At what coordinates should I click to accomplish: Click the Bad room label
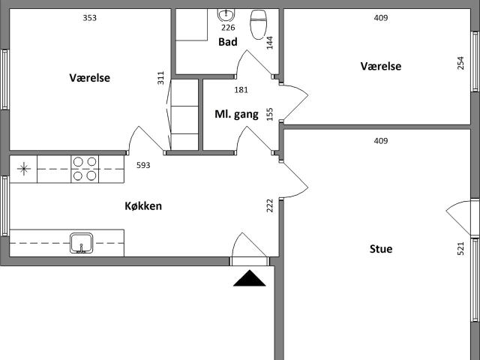click(228, 42)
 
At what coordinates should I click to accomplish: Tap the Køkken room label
click(143, 205)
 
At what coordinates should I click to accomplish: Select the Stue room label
click(381, 249)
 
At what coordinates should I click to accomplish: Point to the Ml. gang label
click(236, 115)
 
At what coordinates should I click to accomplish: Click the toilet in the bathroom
click(259, 25)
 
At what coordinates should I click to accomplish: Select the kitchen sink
click(82, 243)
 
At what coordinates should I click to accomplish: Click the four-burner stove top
click(85, 169)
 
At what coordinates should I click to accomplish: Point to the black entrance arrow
click(250, 278)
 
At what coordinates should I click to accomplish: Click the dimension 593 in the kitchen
click(143, 165)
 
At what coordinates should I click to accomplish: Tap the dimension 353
click(90, 18)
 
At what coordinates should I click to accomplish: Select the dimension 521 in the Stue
click(460, 248)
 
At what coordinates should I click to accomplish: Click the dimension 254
click(460, 63)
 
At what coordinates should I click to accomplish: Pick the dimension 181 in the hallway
click(241, 90)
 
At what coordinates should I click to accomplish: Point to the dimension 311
click(160, 78)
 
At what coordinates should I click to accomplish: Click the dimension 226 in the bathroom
click(228, 28)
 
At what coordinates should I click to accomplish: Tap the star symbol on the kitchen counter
click(23, 169)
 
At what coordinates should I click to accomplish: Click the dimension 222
click(270, 205)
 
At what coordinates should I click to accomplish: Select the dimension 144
click(270, 43)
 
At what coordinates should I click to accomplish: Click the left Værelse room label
click(90, 78)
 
